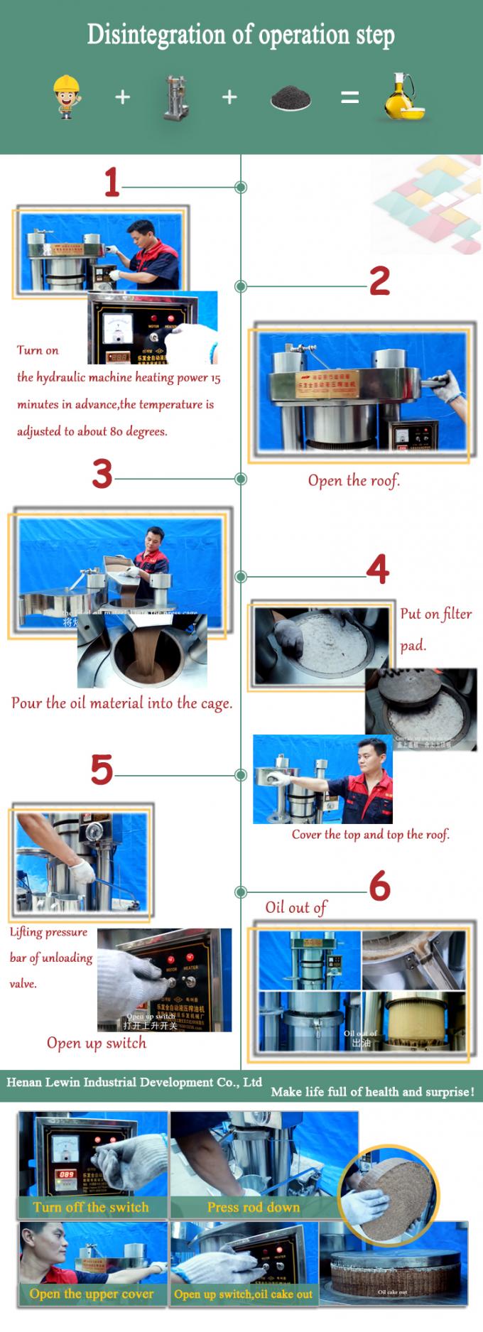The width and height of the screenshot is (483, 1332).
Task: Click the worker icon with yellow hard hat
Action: pos(67,97)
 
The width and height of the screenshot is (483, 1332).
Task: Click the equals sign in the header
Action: pos(349,97)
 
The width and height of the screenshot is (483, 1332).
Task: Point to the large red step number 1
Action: pos(112,183)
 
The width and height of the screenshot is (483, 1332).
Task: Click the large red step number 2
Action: pos(379,281)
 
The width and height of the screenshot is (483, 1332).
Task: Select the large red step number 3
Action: pos(102,474)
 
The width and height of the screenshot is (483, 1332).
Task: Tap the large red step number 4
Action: pos(377,569)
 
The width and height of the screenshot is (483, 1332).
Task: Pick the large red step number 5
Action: pos(102,769)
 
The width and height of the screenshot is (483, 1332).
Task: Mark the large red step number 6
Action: pos(379,886)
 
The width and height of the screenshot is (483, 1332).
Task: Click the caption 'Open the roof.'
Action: pos(354,481)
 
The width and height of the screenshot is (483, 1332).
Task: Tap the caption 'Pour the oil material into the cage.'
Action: pos(121,703)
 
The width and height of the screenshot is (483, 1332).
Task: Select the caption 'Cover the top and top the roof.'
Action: pos(370,834)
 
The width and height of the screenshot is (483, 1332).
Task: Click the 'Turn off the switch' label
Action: pos(91,1207)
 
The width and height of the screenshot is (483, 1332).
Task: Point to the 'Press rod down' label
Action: pos(253,1207)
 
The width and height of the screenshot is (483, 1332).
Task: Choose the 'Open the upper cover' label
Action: pos(92,1294)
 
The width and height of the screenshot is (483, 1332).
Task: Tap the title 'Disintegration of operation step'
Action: pos(241,34)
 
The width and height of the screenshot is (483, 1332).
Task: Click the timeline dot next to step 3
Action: pos(241,479)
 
